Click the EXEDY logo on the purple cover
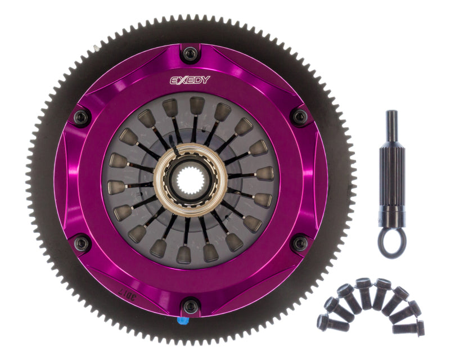point(190,80)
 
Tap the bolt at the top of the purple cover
point(191,55)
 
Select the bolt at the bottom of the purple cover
point(191,307)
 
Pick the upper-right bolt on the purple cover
point(300,117)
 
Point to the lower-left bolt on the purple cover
point(82,243)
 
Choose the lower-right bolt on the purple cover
point(300,243)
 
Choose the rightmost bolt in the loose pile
point(417,326)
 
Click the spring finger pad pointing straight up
point(197,106)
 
